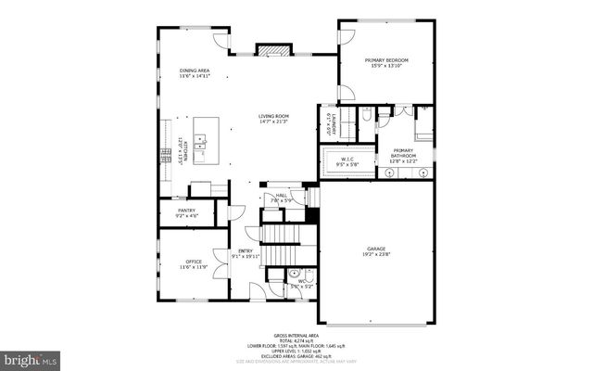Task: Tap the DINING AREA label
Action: coord(196,70)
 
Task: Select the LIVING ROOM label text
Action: coord(273,116)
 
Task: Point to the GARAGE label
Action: coord(375,248)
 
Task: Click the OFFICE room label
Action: coord(193,262)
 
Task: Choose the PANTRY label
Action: coord(186,211)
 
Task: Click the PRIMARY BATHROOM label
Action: coord(403,153)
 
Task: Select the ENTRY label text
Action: coord(246,250)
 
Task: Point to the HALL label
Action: coord(281,195)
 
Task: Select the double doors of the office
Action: coord(221,263)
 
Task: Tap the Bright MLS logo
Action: coord(31,358)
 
